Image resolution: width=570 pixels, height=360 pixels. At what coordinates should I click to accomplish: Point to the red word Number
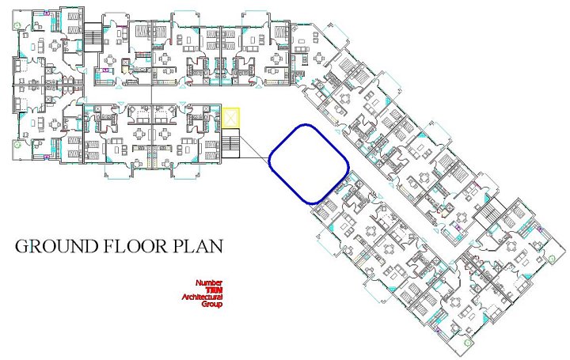point(209,282)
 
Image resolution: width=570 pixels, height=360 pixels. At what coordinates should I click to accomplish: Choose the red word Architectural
point(202,297)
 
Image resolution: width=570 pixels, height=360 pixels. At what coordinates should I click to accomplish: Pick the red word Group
point(212,304)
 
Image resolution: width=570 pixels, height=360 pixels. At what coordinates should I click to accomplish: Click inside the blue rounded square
point(310,164)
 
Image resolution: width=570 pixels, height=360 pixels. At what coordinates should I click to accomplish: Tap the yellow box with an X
point(230,118)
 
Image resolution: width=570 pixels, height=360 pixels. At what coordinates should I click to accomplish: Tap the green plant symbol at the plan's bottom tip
point(469,344)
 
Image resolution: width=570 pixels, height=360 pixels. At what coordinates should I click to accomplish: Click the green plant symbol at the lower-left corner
point(17,147)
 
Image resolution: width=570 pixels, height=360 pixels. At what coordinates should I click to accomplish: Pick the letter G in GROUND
point(23,246)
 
